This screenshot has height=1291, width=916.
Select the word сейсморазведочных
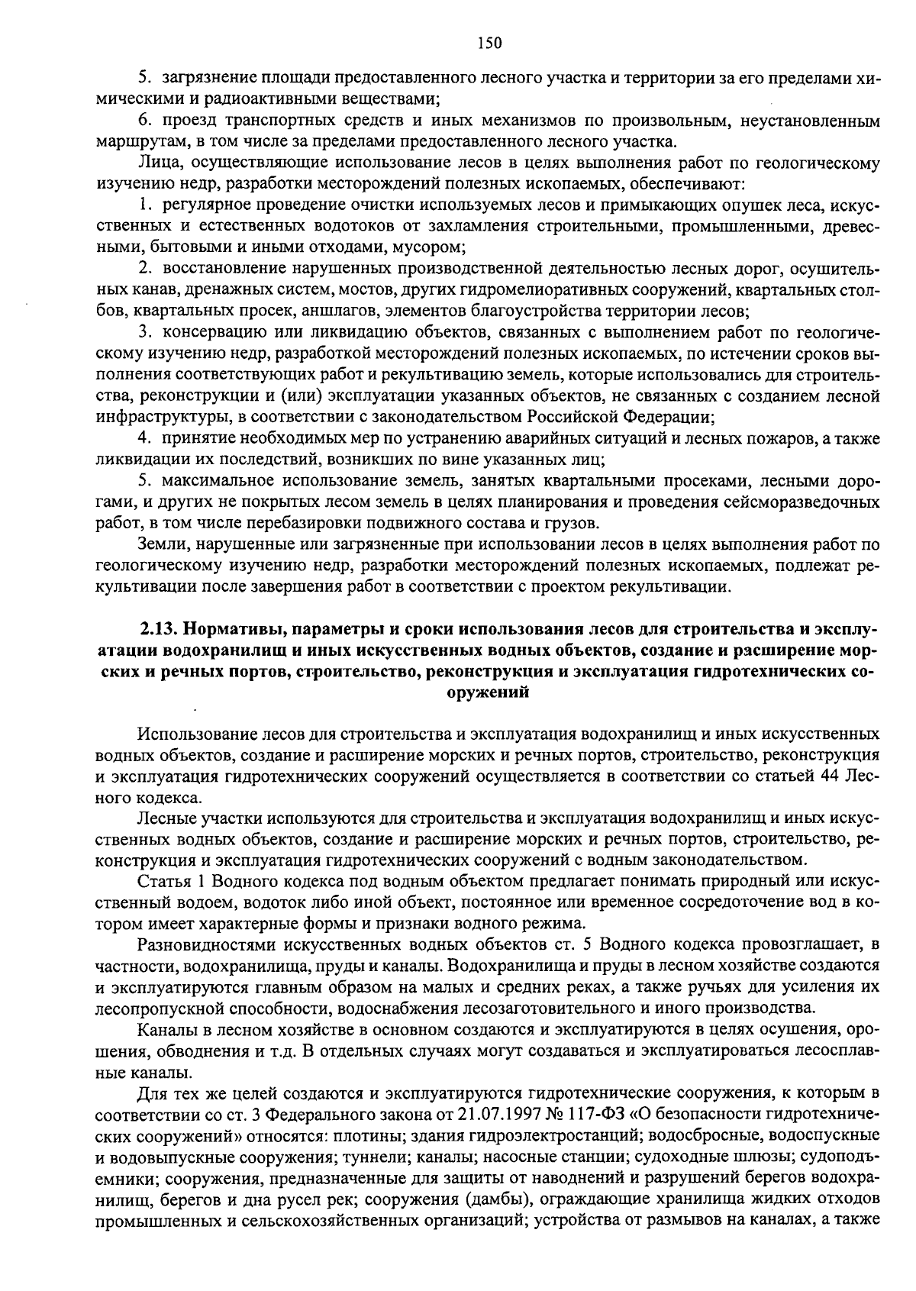point(808,503)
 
